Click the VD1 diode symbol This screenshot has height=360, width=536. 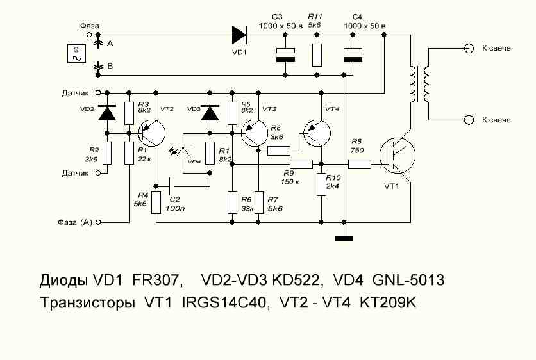click(x=240, y=35)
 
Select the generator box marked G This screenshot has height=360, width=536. click(x=76, y=54)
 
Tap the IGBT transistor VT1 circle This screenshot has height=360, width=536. click(x=398, y=156)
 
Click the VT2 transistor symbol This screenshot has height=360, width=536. click(x=152, y=133)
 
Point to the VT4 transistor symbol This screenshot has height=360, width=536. click(x=317, y=133)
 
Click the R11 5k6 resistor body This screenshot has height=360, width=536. click(x=317, y=55)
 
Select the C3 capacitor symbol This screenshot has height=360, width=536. click(x=285, y=55)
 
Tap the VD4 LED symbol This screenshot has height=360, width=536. click(x=183, y=152)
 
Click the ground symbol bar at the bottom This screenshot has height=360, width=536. click(x=344, y=238)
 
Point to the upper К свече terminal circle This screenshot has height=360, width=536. click(x=469, y=48)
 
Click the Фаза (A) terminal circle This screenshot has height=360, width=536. click(x=99, y=222)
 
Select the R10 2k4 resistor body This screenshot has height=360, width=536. click(x=321, y=184)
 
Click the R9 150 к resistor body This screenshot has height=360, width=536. click(x=301, y=164)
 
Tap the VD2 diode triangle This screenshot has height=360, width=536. click(x=107, y=113)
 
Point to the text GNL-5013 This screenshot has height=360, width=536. click(x=408, y=280)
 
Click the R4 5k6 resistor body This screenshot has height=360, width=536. click(x=156, y=202)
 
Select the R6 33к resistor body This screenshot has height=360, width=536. click(x=232, y=202)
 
